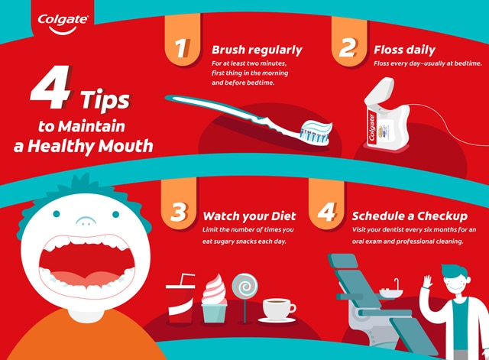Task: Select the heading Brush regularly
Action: point(257,50)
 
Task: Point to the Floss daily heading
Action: point(405,50)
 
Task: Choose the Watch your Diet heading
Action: point(246,216)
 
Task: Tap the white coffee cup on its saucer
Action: point(278,309)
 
